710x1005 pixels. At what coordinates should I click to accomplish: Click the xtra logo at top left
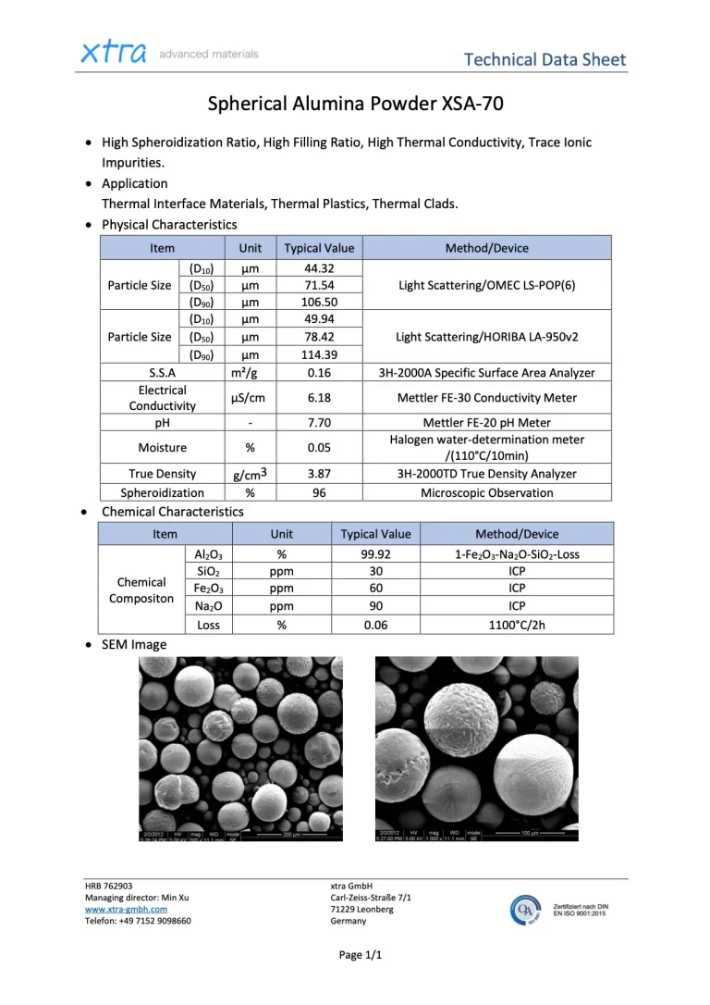(x=113, y=53)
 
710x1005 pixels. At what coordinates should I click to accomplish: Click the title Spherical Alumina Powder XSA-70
(x=355, y=103)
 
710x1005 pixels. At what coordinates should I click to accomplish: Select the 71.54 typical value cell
(x=319, y=285)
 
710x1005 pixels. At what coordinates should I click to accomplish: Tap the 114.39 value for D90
(x=319, y=354)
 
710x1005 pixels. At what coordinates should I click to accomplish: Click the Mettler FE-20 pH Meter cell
(x=486, y=423)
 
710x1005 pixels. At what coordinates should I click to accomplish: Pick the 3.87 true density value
(x=319, y=474)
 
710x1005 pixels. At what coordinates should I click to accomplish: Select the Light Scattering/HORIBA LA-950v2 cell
(x=486, y=337)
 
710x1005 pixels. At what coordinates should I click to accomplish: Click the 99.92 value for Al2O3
(x=374, y=554)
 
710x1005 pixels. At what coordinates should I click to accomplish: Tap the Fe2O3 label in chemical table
(x=209, y=588)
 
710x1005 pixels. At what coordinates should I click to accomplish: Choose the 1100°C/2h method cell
(x=517, y=625)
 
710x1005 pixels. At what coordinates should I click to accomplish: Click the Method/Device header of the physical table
(x=486, y=248)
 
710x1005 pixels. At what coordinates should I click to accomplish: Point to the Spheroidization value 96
(x=319, y=492)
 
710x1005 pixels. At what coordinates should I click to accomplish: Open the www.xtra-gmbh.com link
(x=126, y=910)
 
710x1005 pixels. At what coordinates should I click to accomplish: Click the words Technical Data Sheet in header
(x=545, y=60)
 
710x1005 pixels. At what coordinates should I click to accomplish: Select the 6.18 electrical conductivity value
(x=319, y=398)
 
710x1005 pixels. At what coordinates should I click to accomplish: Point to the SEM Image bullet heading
(x=134, y=644)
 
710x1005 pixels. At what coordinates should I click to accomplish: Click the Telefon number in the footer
(x=138, y=921)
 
